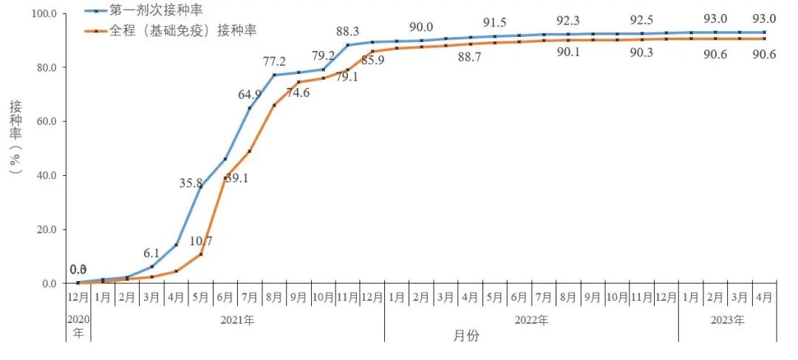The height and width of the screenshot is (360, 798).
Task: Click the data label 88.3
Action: coord(348,32)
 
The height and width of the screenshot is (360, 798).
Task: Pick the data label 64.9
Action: coord(250,94)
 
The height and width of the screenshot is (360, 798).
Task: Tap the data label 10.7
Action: coord(200,241)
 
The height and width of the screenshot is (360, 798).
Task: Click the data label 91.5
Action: coord(495,22)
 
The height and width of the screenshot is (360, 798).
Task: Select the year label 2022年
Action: coord(531,320)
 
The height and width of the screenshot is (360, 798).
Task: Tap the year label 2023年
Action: coord(727,320)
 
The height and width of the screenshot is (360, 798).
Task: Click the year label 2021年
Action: coord(237,320)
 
